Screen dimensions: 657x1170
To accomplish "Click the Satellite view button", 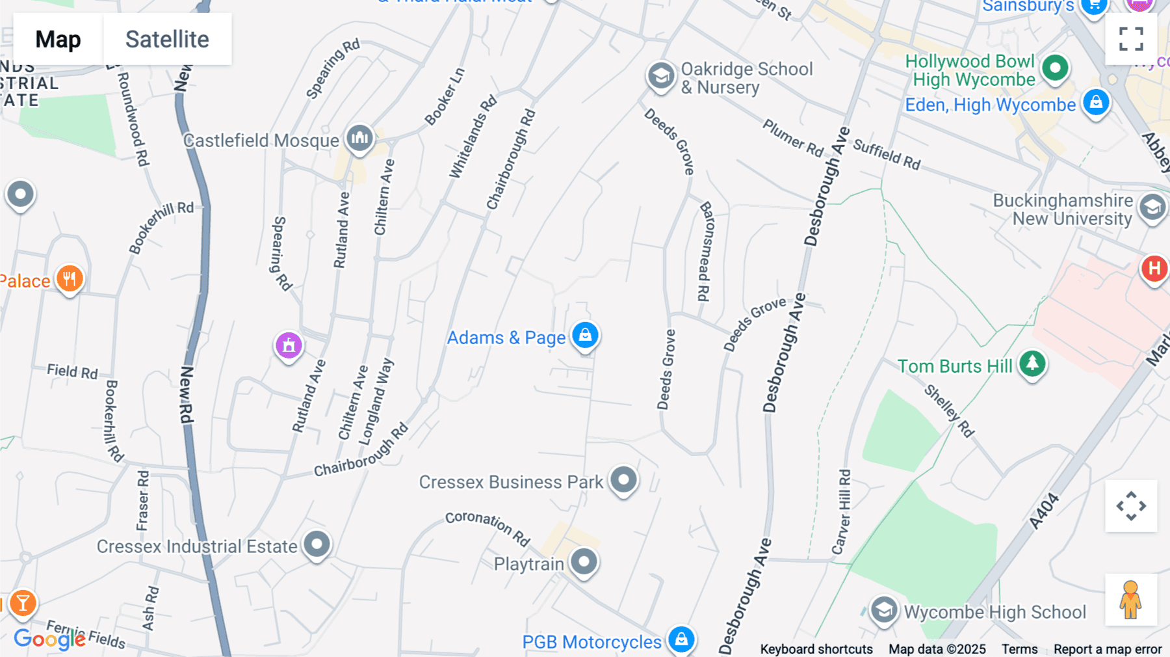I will (167, 39).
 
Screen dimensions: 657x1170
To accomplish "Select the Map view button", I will (58, 39).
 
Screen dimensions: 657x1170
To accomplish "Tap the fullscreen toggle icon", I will (1131, 39).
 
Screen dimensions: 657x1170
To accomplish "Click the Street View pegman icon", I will (1131, 599).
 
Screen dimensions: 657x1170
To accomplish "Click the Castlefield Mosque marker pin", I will (359, 138).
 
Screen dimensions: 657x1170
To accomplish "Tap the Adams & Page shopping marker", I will (585, 335).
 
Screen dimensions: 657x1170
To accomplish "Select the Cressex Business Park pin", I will (623, 480).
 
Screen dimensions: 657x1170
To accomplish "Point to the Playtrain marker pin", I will (584, 561).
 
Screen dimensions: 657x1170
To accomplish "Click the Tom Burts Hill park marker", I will (1032, 363).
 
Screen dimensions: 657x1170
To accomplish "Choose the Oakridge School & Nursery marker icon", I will (661, 75).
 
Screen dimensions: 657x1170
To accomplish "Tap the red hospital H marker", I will (1154, 268).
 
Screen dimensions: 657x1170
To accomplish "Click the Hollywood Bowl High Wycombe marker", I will (1055, 68).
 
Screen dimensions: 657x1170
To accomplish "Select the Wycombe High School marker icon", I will (884, 610).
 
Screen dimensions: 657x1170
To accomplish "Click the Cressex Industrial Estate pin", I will (317, 544).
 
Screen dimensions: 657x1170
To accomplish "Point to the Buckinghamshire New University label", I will (1063, 209).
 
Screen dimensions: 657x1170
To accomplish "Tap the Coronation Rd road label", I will (487, 527).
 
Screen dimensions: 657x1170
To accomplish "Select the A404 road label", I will (1044, 511).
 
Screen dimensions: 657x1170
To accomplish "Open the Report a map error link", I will (1108, 649).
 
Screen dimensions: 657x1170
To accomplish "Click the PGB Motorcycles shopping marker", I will (681, 639).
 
